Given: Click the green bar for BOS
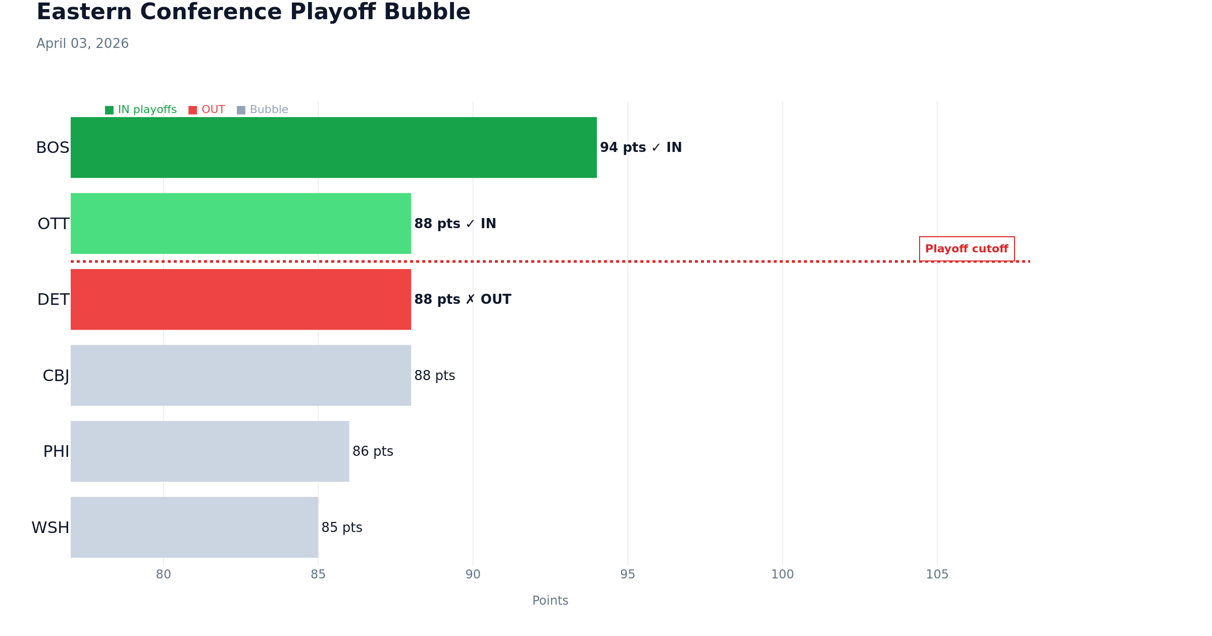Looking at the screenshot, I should (333, 147).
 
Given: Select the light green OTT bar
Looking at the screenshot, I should (240, 224).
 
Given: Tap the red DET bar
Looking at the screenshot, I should (240, 299).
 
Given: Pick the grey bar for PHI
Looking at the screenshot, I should (210, 451).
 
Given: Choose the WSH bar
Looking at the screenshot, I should (194, 527).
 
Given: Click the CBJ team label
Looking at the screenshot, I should (56, 376).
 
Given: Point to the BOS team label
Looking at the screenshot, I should (53, 148).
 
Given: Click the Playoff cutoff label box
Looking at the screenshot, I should (967, 249).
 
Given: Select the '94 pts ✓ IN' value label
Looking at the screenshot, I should (640, 147).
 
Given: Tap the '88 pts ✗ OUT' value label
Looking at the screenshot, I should (463, 299).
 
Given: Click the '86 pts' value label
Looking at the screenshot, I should (373, 451).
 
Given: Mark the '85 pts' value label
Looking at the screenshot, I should (342, 527).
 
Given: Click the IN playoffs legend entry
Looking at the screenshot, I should (141, 110).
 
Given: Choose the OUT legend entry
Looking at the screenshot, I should (207, 110).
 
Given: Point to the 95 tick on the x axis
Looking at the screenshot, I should (628, 574).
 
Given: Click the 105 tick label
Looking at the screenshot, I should (937, 574).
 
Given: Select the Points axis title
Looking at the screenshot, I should (550, 601).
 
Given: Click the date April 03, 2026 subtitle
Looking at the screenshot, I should (82, 43).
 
